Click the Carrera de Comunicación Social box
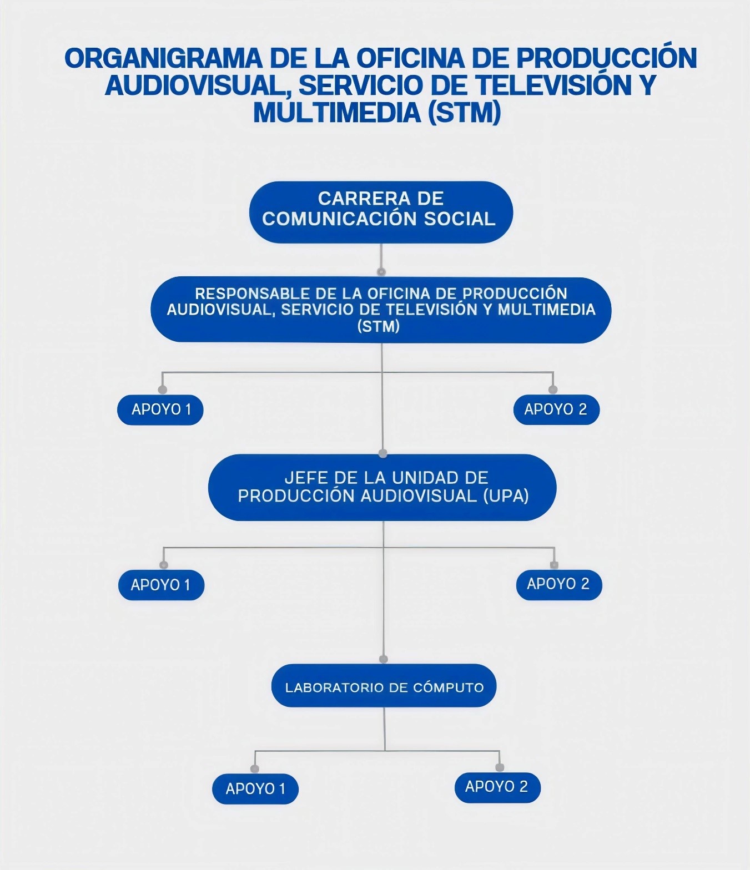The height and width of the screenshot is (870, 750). pos(381,212)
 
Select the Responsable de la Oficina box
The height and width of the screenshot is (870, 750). pos(381,310)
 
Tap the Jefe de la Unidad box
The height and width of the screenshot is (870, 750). pos(382,487)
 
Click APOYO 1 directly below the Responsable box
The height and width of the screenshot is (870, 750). pos(160,409)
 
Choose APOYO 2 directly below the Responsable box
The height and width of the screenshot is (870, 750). pos(556,409)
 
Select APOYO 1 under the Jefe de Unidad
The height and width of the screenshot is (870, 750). pos(161,585)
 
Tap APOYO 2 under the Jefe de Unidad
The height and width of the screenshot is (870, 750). pos(558,584)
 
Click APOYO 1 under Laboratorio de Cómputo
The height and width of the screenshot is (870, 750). pos(255,788)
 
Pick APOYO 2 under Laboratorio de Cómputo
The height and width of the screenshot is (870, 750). pos(497,787)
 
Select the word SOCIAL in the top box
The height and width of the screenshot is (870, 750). pos(460,219)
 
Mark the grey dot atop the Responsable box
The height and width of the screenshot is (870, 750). pos(381,272)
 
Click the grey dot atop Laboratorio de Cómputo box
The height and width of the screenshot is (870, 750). pos(383,659)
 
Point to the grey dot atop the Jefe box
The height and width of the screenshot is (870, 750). pos(382,453)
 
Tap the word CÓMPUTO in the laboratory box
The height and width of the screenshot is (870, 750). pos(448,688)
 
